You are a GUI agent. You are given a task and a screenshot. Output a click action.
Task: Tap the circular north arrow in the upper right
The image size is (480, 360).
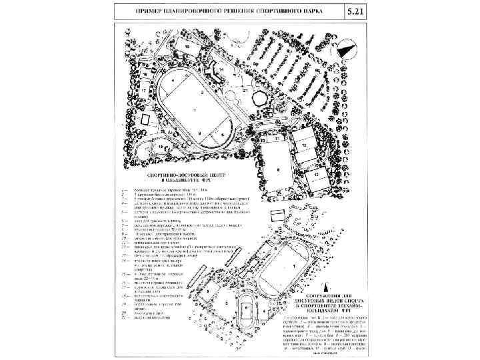tap(345, 49)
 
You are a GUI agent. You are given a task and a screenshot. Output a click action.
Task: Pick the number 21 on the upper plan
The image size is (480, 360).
tap(245, 89)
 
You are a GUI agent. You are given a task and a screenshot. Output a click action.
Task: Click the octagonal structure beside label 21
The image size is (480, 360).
tap(261, 97)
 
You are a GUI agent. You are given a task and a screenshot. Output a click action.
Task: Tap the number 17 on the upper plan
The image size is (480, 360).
tap(143, 90)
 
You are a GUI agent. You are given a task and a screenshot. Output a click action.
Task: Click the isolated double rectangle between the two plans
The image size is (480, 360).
tap(275, 217)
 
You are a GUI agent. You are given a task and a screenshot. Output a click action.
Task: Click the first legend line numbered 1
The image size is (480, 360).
tap(167, 189)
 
